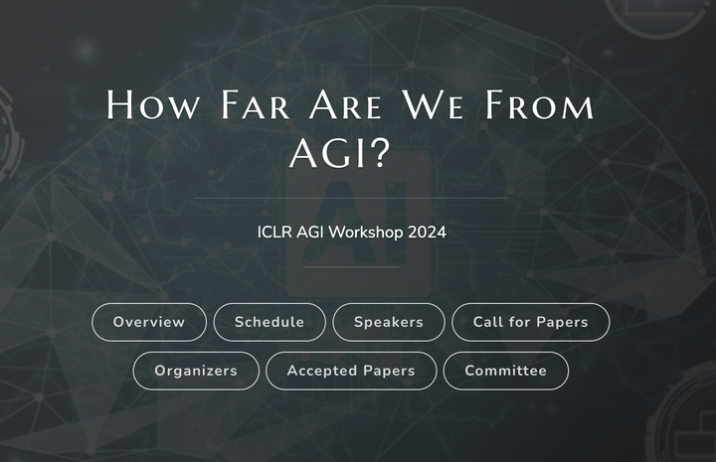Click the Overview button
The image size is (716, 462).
[x=149, y=322]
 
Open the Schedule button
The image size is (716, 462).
[x=269, y=322]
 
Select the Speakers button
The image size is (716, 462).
[x=389, y=322]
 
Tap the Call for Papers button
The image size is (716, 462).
[x=530, y=322]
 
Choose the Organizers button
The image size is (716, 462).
[x=196, y=371]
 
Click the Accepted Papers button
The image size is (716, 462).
[x=351, y=371]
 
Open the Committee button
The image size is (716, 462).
[x=506, y=371]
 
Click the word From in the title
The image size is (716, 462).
[x=538, y=105]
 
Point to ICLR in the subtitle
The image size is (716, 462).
[x=272, y=232]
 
